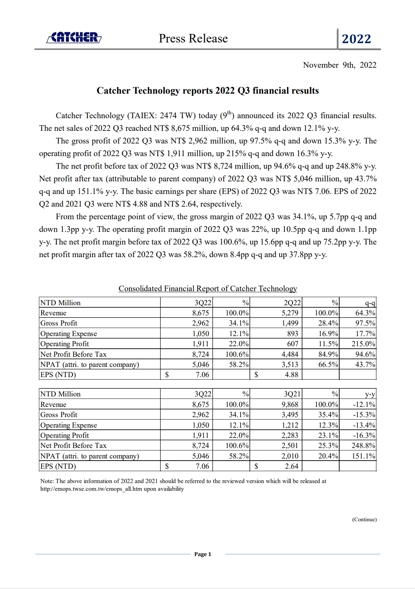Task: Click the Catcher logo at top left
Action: pos(74,38)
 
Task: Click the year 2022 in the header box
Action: pos(356,39)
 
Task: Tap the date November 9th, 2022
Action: pos(340,65)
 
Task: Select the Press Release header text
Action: pos(193,38)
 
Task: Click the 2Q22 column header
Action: pos(292,303)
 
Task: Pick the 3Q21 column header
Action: pos(292,394)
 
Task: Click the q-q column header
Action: pos(370,303)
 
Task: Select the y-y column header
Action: pos(370,394)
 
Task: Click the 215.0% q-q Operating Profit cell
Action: pos(363,344)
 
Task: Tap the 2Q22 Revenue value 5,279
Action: pos(290,313)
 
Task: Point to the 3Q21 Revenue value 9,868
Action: pos(290,404)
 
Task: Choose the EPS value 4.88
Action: pos(292,375)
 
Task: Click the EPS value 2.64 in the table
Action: pos(292,466)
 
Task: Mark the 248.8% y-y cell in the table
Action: pos(363,446)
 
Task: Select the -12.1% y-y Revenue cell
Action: pos(364,404)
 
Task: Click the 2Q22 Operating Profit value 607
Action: pos(293,344)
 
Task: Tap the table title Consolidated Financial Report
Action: pos(208,288)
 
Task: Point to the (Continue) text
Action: pos(364,520)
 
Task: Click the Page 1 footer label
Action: pos(203,554)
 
